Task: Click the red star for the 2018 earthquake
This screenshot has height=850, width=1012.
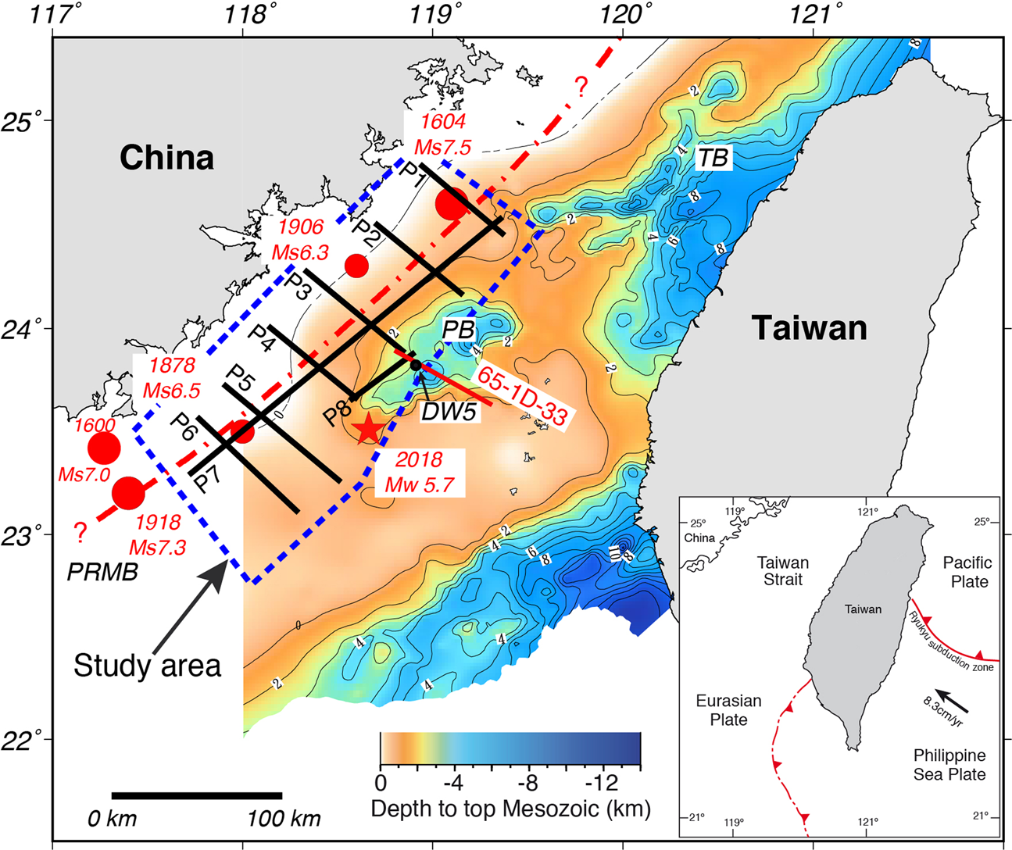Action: pyautogui.click(x=368, y=430)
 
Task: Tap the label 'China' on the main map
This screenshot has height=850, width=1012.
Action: pyautogui.click(x=166, y=158)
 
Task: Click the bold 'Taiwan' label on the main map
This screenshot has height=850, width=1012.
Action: pyautogui.click(x=809, y=327)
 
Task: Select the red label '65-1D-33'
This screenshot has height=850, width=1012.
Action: pyautogui.click(x=522, y=396)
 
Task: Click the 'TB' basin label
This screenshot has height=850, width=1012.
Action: pyautogui.click(x=712, y=159)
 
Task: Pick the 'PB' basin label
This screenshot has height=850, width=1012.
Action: pyautogui.click(x=458, y=330)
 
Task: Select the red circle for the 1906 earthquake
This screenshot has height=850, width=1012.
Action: pyautogui.click(x=356, y=266)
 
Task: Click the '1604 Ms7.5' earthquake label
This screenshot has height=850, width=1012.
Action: pyautogui.click(x=443, y=134)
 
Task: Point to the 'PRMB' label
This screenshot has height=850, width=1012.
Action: pyautogui.click(x=102, y=572)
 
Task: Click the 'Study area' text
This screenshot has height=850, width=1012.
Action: pyautogui.click(x=148, y=666)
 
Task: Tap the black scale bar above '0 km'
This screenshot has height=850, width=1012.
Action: pyautogui.click(x=196, y=796)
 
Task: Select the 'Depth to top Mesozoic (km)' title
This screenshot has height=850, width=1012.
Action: pyautogui.click(x=510, y=809)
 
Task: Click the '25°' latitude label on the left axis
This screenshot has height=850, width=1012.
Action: pyautogui.click(x=30, y=123)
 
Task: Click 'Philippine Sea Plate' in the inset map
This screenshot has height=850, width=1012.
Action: pyautogui.click(x=949, y=765)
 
